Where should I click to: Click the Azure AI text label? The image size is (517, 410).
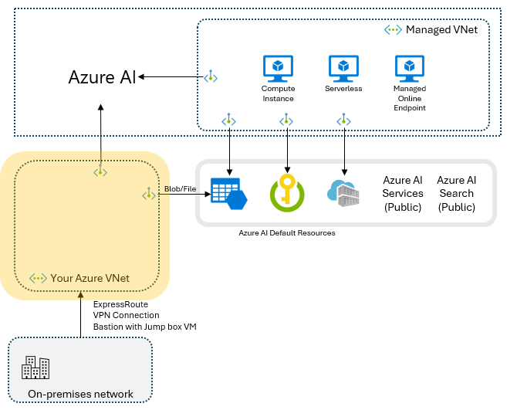pos(102,77)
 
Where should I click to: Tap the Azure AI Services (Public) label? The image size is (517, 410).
pos(403,194)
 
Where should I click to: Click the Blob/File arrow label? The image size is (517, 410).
pos(180,188)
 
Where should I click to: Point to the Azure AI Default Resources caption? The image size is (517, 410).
pos(287,232)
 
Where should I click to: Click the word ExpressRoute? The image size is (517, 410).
pos(120,305)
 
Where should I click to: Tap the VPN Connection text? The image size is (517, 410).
pos(126,316)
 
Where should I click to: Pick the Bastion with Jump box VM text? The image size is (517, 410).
pos(144,327)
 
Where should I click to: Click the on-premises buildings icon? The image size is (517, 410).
pos(35,368)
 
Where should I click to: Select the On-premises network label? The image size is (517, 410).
pos(80,394)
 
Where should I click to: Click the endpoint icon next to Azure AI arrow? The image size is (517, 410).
pos(210,76)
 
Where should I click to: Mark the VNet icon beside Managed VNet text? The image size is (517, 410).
pos(393,29)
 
